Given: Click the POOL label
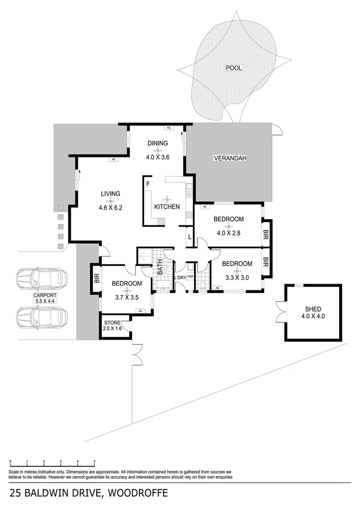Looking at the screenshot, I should point(234,68).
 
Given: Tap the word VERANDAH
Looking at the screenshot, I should point(230,158).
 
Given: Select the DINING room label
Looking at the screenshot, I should point(157,144).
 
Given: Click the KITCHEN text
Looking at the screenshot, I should point(167,206).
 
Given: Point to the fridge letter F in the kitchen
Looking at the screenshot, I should point(148,184).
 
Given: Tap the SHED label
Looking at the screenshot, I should point(313,309).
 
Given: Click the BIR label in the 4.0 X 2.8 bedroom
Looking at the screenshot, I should point(266,233).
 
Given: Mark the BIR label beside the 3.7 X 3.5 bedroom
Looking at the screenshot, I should point(97,279).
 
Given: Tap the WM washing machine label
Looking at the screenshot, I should point(190,277).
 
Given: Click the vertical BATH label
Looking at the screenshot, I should point(160,267).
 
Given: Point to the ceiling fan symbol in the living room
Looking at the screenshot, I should point(110,201).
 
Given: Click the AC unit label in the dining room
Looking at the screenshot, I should point(168,128).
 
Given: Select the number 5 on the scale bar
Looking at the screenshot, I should point(94,462).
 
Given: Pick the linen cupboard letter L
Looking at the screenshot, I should point(189,237).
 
